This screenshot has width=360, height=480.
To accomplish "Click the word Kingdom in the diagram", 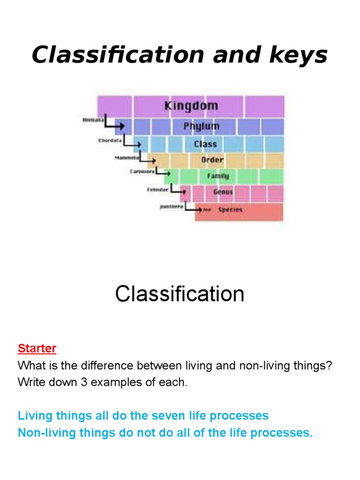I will pos(191,105).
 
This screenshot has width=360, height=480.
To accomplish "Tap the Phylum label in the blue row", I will pos(201,126).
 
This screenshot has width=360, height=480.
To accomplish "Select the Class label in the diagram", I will pos(205,143).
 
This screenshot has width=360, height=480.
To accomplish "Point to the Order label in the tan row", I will pos(212,160).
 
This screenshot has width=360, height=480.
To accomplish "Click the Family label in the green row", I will pos(218,176).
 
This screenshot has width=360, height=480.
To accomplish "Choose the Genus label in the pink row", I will pos(223,192).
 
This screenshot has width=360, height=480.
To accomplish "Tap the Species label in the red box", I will pos(230,210).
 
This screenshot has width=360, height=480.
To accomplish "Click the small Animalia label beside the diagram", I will pos(92,120).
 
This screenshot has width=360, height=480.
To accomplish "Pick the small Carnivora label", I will pos(142,172).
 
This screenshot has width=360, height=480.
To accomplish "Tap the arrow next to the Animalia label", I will pos(112,124).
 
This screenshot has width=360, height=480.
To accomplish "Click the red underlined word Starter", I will pos(37,349).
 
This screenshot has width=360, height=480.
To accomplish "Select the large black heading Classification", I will pos(180,294).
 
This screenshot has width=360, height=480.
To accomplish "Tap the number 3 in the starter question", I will pos(84,382).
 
